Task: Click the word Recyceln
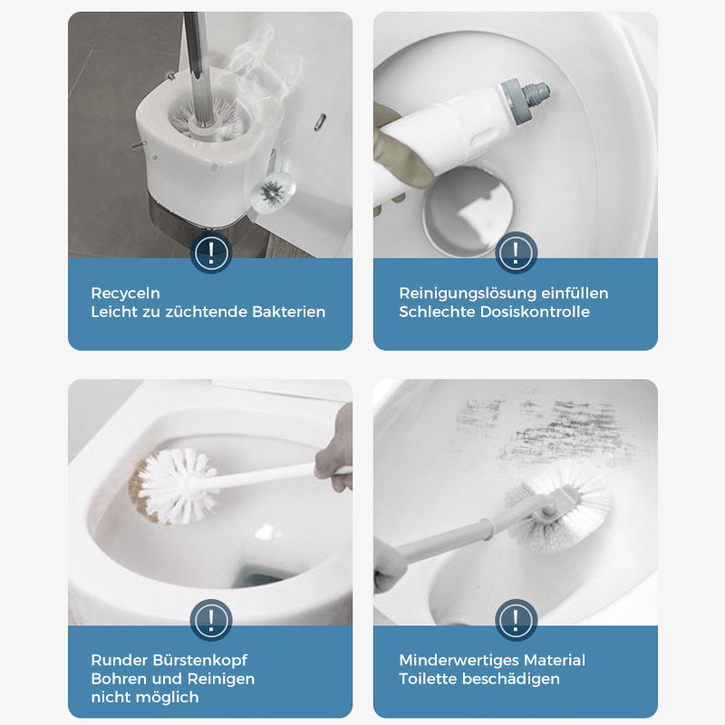[125, 293]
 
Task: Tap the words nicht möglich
[144, 697]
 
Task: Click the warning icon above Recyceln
[210, 251]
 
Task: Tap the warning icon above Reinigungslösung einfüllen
[516, 251]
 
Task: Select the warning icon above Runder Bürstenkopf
[210, 619]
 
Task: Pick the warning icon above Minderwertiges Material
[516, 619]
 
